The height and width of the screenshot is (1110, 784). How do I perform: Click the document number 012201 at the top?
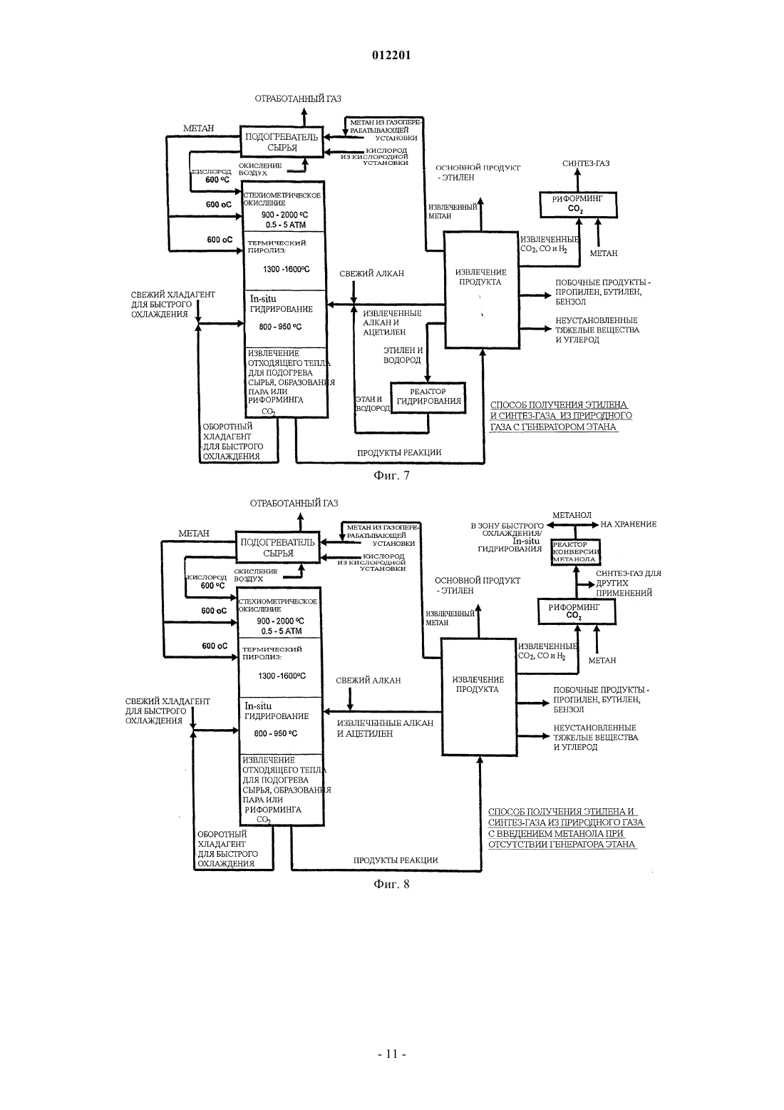(391, 55)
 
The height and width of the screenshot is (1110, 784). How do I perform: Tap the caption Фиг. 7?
(391, 476)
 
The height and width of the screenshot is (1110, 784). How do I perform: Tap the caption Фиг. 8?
(391, 884)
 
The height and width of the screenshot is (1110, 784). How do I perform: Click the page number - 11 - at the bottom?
(391, 1054)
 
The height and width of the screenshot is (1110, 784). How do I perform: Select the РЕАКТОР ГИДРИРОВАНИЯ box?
(428, 397)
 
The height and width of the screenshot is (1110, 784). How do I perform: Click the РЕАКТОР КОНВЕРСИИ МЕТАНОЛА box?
(576, 551)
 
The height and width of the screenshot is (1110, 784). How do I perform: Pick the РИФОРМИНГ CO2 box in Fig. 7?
(578, 204)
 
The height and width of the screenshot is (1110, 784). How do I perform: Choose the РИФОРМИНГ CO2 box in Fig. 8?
(577, 611)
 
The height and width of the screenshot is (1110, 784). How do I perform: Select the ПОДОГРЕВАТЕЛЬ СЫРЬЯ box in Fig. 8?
(278, 548)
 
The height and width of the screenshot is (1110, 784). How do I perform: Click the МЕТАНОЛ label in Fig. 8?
(572, 515)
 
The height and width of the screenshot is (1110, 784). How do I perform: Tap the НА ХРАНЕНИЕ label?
(629, 524)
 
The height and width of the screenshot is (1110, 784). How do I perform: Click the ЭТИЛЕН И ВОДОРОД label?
(403, 355)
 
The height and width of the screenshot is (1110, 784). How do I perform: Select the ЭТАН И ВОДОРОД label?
(372, 403)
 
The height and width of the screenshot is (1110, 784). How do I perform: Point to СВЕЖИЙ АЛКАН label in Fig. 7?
(372, 273)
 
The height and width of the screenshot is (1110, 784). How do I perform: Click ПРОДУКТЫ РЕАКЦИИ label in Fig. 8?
(396, 860)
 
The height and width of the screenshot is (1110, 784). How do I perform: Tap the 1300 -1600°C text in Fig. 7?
(286, 269)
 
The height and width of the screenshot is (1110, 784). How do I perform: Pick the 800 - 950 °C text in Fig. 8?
(276, 733)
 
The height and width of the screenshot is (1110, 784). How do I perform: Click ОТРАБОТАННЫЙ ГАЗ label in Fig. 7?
(298, 98)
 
